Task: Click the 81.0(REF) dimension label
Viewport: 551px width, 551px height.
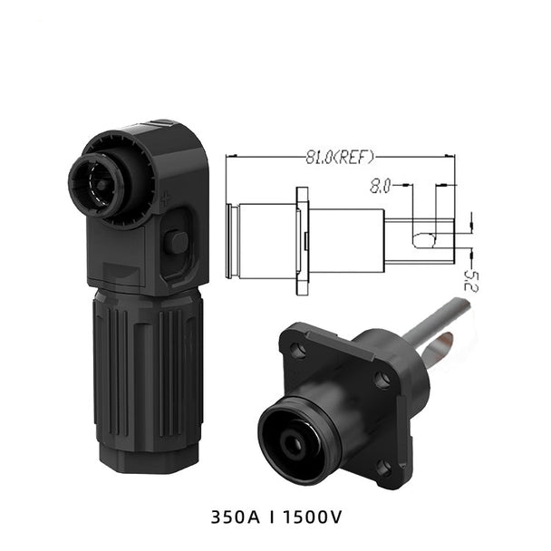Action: pyautogui.click(x=340, y=158)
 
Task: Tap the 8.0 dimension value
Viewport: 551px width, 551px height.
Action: pyautogui.click(x=381, y=186)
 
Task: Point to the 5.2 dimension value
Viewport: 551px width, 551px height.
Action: pyautogui.click(x=470, y=281)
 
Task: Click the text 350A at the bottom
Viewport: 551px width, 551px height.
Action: pyautogui.click(x=236, y=517)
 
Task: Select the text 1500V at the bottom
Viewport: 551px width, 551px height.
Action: pyautogui.click(x=313, y=517)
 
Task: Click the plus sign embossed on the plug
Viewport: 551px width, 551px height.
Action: pyautogui.click(x=166, y=198)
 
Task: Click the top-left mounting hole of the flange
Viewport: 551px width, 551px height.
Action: pyautogui.click(x=297, y=349)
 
